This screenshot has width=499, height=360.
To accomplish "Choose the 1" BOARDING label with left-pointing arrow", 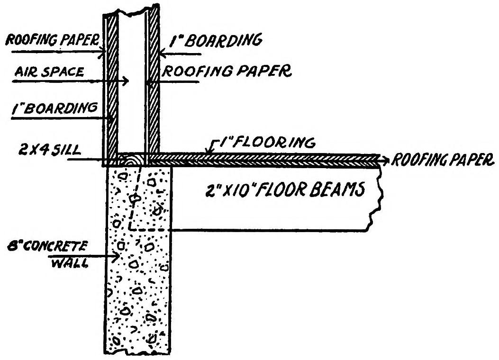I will point(222,41).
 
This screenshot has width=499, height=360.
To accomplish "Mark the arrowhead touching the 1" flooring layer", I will point(205,153).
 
